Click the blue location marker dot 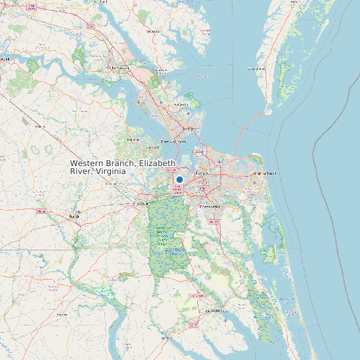179,179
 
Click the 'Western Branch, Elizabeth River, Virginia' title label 123,167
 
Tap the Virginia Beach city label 264,173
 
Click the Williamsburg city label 118,68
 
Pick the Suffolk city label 143,203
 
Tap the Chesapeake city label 211,207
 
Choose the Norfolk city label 201,174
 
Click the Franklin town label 74,216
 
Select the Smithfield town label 134,140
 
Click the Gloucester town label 153,31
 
